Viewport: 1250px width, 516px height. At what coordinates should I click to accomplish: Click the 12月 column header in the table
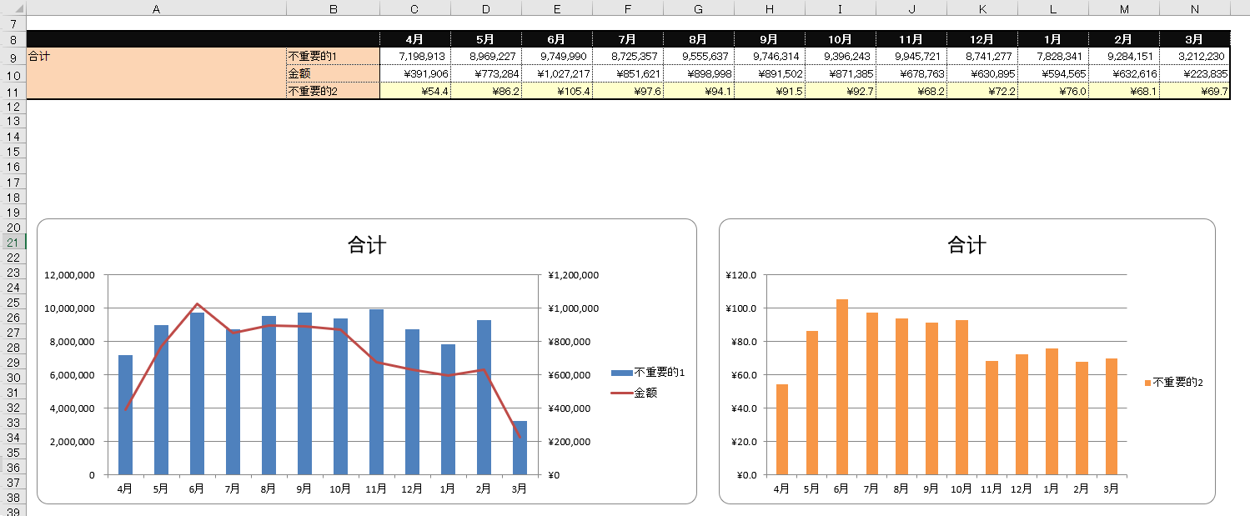981,39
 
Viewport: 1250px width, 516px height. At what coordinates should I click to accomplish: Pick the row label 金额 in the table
299,74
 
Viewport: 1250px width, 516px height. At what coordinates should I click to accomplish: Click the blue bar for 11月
376,392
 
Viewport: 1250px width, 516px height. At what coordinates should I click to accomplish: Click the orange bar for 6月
842,387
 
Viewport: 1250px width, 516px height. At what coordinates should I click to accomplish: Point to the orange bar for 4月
781,429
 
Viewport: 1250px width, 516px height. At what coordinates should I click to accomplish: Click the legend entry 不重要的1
659,373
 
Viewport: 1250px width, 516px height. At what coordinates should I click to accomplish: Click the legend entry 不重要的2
1177,383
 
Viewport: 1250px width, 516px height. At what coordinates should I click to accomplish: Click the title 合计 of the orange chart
966,245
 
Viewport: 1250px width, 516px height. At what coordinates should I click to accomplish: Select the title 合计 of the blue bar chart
366,245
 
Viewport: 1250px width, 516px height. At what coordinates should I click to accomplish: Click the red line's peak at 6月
197,304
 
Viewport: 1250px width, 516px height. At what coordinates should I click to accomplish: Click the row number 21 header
13,242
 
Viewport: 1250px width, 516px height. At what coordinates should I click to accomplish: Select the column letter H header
770,8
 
